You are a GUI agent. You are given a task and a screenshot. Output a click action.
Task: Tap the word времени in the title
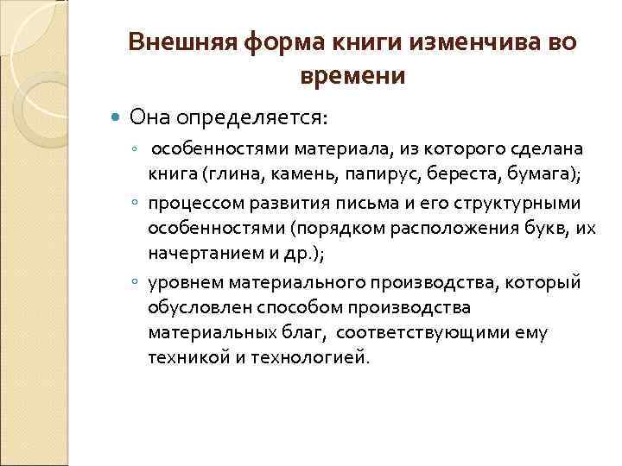[x=352, y=76]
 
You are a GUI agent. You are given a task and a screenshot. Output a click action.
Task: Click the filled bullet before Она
[x=118, y=115]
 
